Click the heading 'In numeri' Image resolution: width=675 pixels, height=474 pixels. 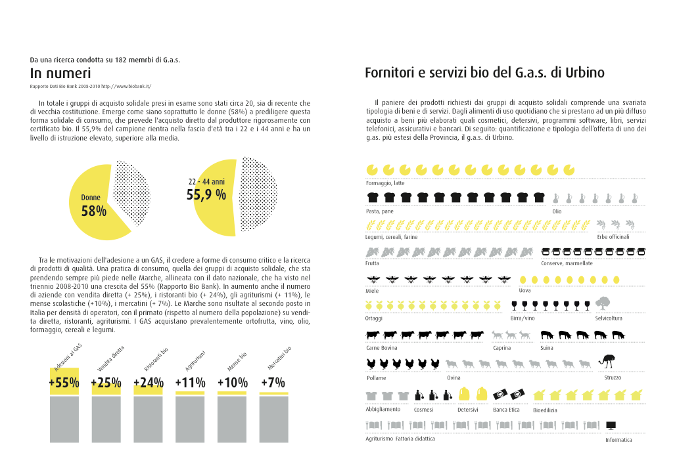60,73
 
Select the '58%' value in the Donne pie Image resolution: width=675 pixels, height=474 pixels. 93,211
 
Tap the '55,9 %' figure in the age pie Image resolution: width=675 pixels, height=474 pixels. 206,194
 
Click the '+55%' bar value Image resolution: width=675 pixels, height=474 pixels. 64,383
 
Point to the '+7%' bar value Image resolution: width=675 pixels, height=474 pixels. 273,383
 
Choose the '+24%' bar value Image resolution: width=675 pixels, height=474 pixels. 148,383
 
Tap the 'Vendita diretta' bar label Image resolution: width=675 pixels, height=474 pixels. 110,359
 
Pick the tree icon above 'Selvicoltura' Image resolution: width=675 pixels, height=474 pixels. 602,303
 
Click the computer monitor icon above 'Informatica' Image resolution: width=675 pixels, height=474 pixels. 611,425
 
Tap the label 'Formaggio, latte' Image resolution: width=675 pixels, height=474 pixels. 385,183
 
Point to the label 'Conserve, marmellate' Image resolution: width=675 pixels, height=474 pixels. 567,263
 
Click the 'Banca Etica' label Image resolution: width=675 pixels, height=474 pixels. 506,410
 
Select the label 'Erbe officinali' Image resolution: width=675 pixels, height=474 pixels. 613,236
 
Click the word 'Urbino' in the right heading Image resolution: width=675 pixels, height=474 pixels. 584,73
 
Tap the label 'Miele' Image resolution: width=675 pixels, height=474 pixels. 372,291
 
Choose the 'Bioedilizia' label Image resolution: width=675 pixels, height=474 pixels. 545,410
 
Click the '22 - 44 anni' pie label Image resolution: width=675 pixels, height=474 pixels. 206,181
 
